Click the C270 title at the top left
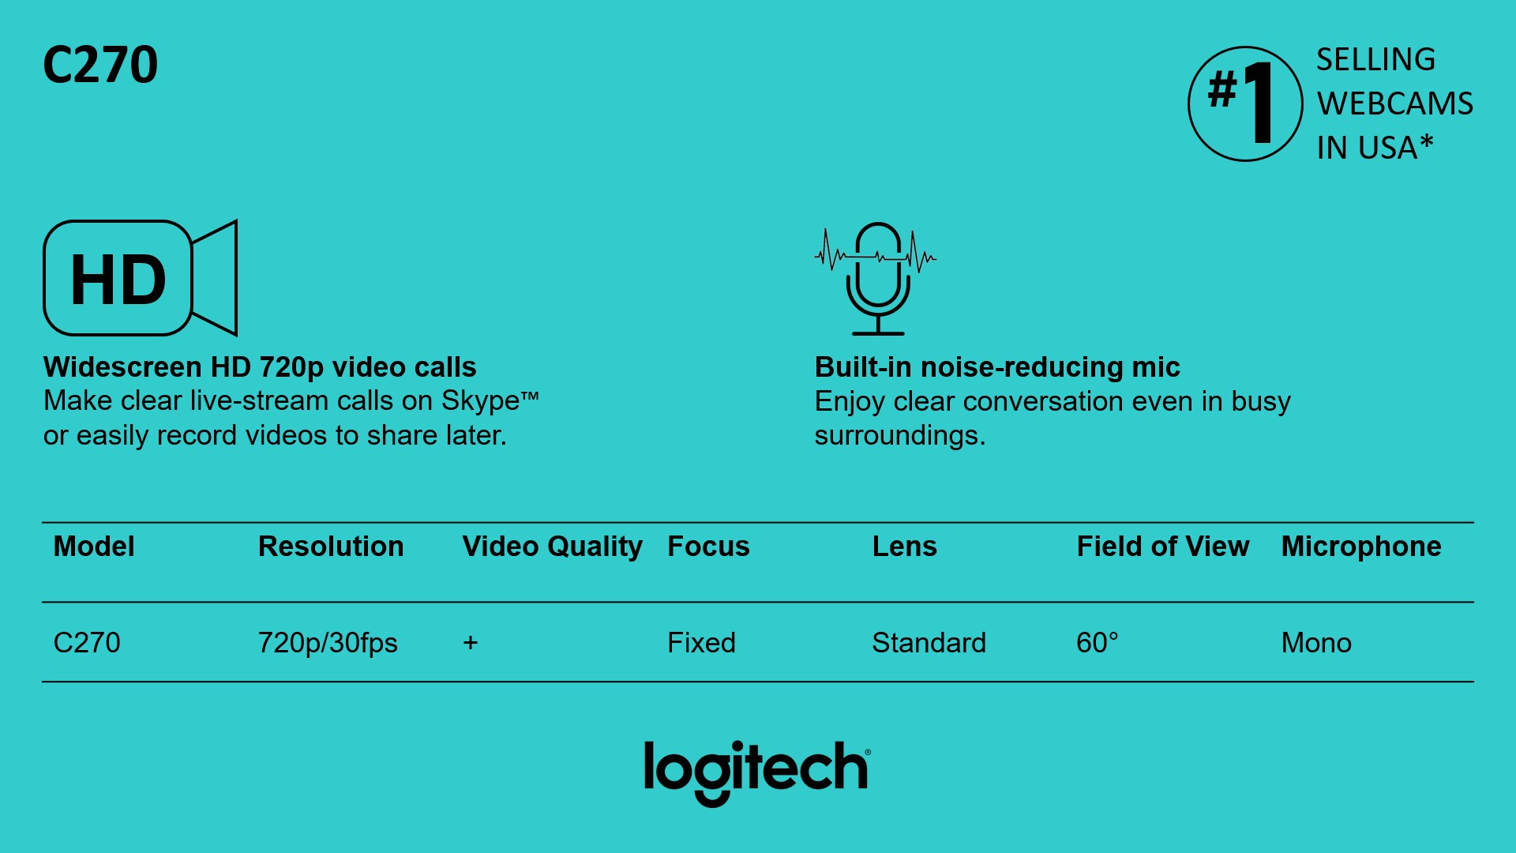(x=100, y=64)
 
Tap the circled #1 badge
(x=1245, y=103)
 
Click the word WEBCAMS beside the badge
(x=1394, y=103)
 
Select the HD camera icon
(x=141, y=278)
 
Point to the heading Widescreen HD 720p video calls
(x=260, y=367)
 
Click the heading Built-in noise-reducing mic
(x=997, y=367)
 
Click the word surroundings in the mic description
(x=900, y=436)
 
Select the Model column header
(x=94, y=547)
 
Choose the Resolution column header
(x=331, y=547)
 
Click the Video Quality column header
(x=553, y=547)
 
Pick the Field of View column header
(x=1163, y=547)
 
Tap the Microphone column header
(x=1361, y=547)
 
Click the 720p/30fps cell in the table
(x=328, y=643)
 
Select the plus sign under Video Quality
(x=471, y=643)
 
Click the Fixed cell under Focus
(x=701, y=643)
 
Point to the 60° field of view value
(x=1098, y=643)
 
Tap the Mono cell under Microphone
(x=1316, y=643)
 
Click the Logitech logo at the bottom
(x=757, y=772)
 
